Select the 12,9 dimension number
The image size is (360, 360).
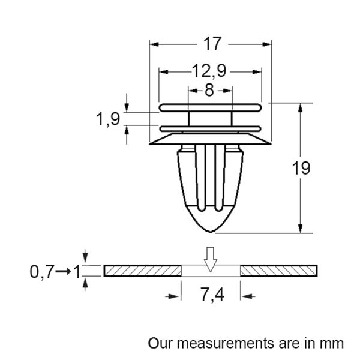click(x=209, y=71)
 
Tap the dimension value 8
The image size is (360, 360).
click(x=209, y=91)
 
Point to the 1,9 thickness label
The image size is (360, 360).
click(x=107, y=119)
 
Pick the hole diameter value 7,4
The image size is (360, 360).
click(x=211, y=295)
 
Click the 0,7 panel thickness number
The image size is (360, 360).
click(x=41, y=272)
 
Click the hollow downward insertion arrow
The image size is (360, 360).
click(x=210, y=258)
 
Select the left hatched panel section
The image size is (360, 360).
click(x=142, y=271)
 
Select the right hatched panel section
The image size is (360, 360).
click(x=278, y=271)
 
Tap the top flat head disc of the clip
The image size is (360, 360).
click(x=210, y=107)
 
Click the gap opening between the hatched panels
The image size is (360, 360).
click(x=210, y=271)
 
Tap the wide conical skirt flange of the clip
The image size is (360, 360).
click(x=210, y=139)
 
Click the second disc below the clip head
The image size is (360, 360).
click(x=210, y=128)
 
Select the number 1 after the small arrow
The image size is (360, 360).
click(x=76, y=272)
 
